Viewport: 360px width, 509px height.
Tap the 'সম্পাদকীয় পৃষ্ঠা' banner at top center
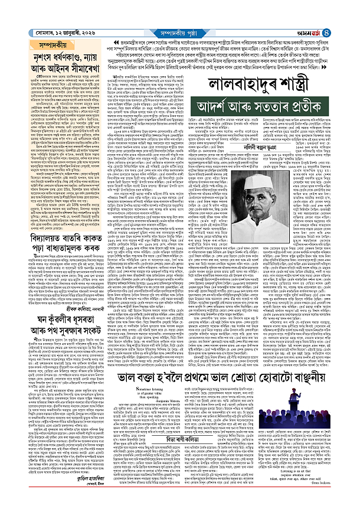(180, 7)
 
